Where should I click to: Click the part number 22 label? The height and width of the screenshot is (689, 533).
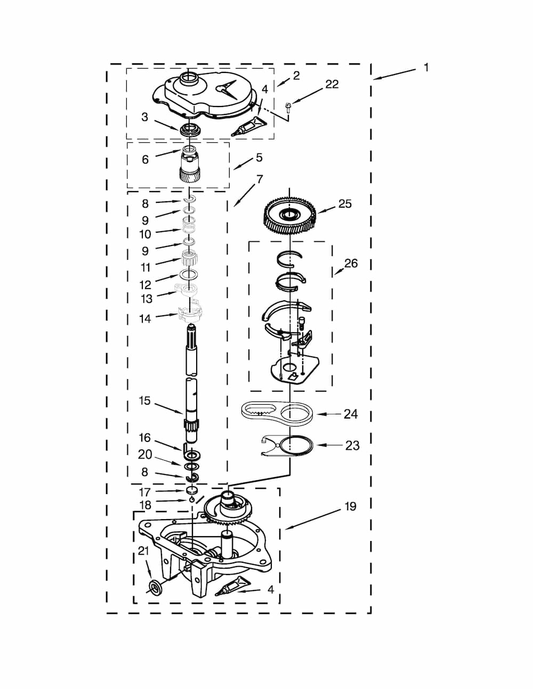332,84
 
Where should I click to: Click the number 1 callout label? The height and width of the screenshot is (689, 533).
426,67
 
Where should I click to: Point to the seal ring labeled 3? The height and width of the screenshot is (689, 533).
189,129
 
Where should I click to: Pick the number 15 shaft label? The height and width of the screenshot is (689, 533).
144,400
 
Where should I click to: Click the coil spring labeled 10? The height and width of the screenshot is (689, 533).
189,225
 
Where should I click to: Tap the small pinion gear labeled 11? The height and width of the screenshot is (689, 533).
190,258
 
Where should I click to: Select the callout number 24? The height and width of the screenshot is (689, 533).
351,414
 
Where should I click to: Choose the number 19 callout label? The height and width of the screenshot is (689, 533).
350,506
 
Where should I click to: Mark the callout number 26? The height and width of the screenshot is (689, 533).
351,263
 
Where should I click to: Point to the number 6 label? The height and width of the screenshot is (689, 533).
145,159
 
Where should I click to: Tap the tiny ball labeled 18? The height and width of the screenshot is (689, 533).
191,500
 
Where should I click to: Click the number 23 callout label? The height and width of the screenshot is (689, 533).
352,446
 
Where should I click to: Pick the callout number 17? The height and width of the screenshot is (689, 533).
144,492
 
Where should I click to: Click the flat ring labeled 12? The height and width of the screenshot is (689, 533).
189,274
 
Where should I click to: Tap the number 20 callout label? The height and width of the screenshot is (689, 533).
145,454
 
